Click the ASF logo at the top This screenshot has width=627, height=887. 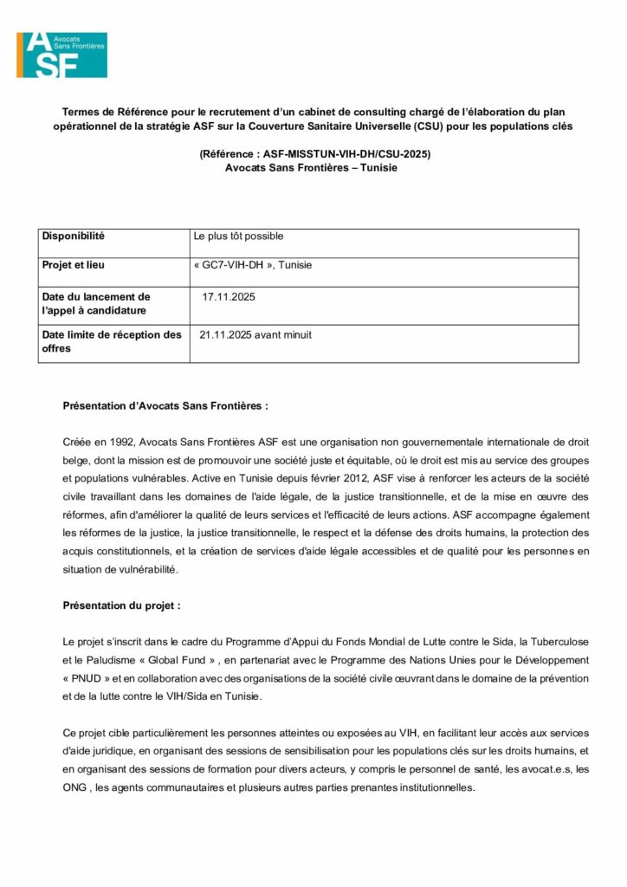(62, 54)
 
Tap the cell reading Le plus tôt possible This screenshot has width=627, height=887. (239, 236)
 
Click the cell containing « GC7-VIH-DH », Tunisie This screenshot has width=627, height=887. (253, 265)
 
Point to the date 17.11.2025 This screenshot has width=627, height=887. (229, 297)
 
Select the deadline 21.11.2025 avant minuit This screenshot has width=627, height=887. (255, 334)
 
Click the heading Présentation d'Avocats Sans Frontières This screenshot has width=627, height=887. (165, 405)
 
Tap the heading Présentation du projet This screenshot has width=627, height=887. (122, 605)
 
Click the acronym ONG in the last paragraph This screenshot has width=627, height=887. (74, 787)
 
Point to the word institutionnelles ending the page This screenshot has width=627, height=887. (430, 787)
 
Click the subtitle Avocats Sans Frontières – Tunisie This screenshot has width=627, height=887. (311, 167)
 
